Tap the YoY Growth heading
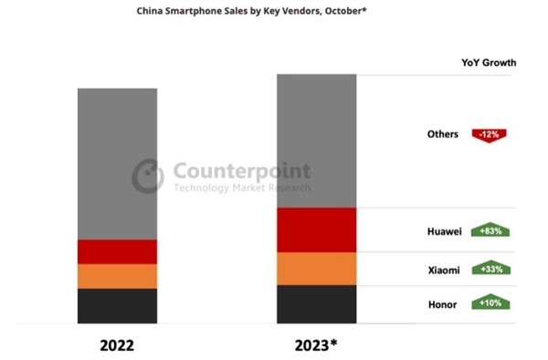pyautogui.click(x=489, y=63)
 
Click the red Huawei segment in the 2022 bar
pyautogui.click(x=117, y=251)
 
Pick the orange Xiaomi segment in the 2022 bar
pyautogui.click(x=117, y=276)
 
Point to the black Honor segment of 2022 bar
pyautogui.click(x=117, y=305)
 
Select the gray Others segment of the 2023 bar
pyautogui.click(x=316, y=141)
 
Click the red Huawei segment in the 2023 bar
pyautogui.click(x=316, y=229)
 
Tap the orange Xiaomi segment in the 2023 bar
pyautogui.click(x=316, y=269)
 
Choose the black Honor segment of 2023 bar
pyautogui.click(x=316, y=303)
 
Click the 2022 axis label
pyautogui.click(x=117, y=346)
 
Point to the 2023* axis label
pyautogui.click(x=316, y=346)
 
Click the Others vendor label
pyautogui.click(x=444, y=134)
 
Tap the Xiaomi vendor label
pyautogui.click(x=442, y=270)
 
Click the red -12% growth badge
pyautogui.click(x=489, y=134)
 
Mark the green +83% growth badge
pyautogui.click(x=490, y=232)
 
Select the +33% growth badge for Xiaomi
pyautogui.click(x=490, y=270)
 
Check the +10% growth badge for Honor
pyautogui.click(x=490, y=302)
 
